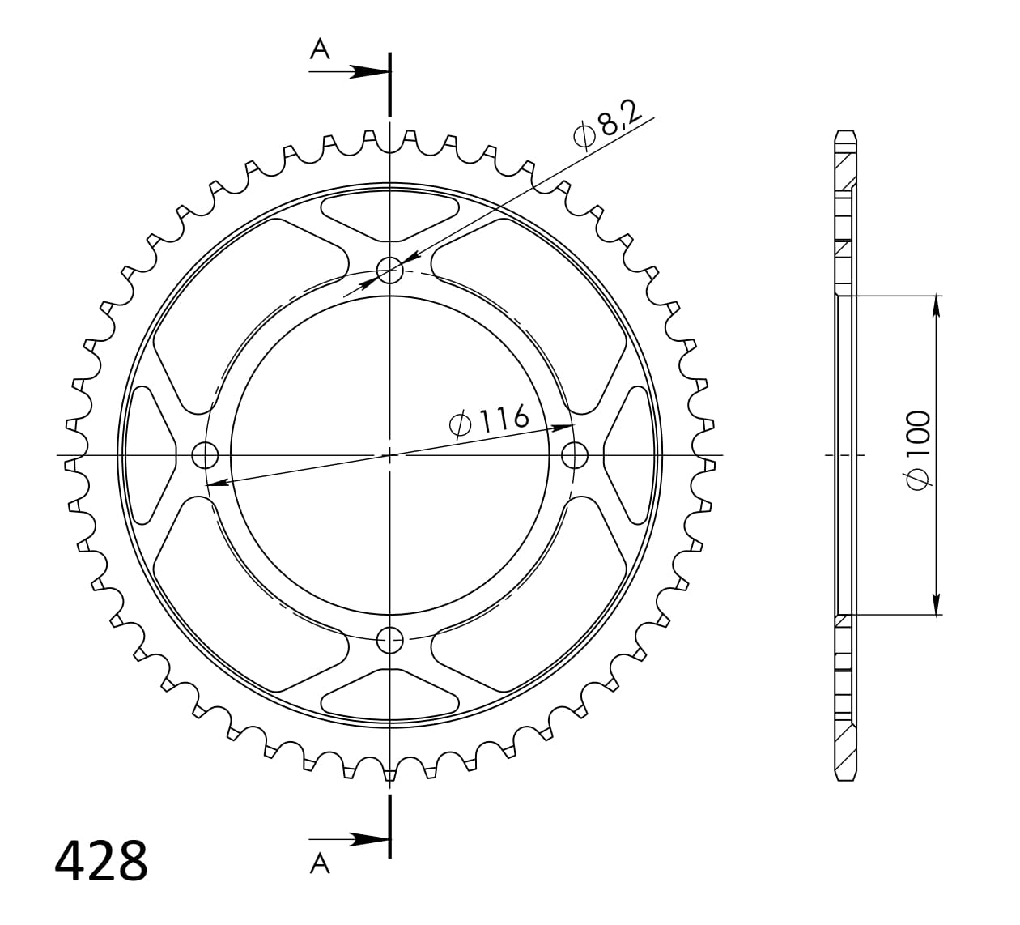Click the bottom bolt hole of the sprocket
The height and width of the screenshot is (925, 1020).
[x=389, y=640]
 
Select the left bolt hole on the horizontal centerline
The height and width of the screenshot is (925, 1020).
[x=205, y=455]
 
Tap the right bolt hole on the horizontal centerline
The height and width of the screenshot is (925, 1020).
[x=575, y=455]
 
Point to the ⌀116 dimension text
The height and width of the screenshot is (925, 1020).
[x=489, y=420]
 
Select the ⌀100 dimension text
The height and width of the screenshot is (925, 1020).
[x=919, y=450]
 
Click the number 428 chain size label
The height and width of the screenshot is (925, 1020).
[x=101, y=861]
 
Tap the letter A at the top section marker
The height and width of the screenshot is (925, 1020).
[x=320, y=49]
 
